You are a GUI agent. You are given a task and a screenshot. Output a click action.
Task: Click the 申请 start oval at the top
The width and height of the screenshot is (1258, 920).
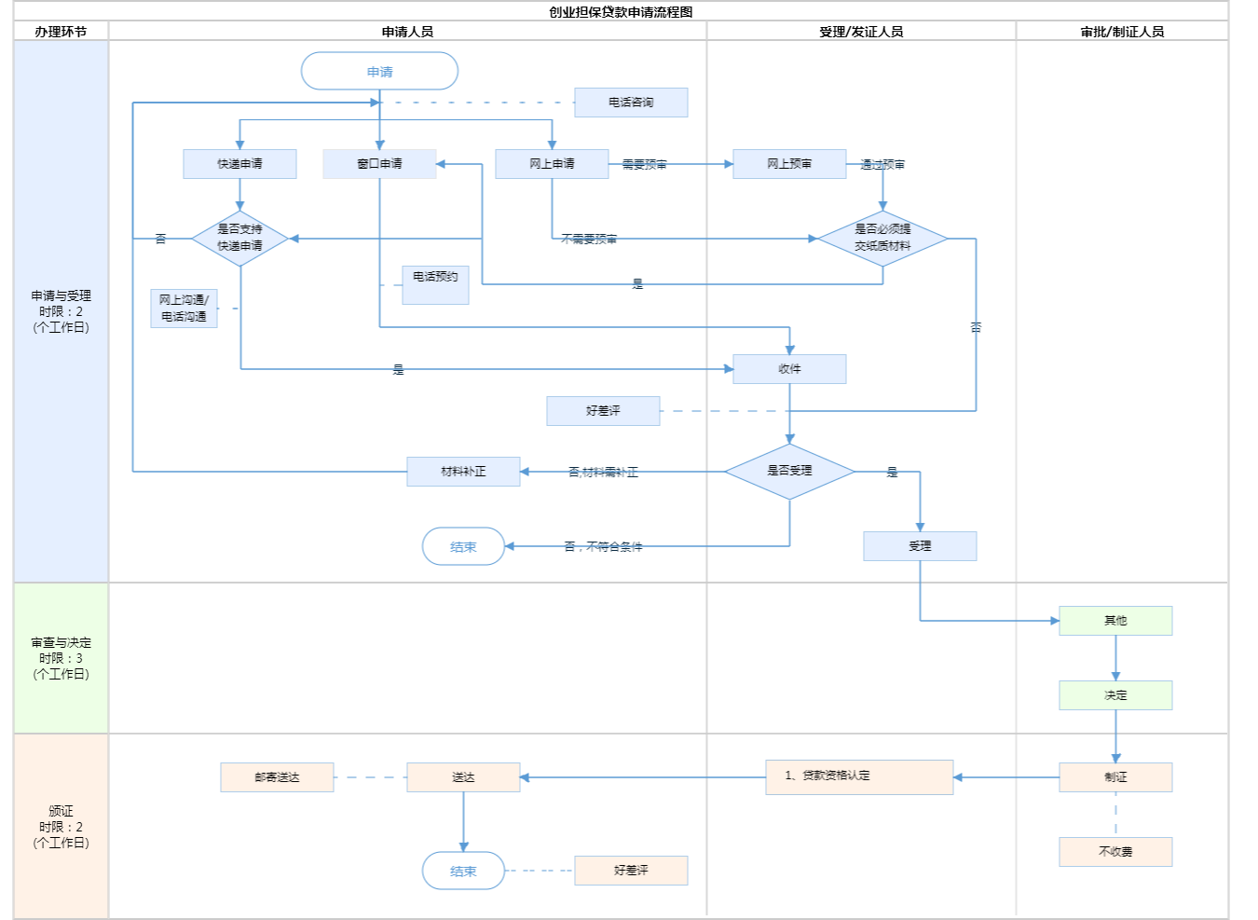click(379, 72)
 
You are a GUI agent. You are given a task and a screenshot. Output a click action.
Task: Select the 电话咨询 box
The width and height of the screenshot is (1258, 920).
click(631, 103)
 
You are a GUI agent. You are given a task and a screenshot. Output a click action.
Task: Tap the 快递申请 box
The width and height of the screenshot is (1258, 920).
click(239, 164)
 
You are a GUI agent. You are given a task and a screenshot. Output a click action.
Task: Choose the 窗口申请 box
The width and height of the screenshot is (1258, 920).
click(379, 164)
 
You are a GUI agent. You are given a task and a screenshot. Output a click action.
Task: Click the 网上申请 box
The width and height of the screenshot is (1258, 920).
click(552, 164)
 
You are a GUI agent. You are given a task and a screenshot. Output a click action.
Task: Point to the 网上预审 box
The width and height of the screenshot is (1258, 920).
click(789, 164)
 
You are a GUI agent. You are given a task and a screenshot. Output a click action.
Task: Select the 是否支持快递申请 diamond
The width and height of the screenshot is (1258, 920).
click(240, 239)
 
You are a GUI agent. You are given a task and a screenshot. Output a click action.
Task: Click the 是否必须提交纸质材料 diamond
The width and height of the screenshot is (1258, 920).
click(882, 239)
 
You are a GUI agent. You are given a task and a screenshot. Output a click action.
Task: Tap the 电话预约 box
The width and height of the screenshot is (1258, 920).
click(435, 284)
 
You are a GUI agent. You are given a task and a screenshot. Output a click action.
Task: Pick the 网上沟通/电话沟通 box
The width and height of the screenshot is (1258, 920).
click(184, 309)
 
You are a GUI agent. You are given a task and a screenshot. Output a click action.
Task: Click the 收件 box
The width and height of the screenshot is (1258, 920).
click(789, 369)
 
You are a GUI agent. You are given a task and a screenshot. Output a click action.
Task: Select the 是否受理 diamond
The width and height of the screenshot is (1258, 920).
click(789, 472)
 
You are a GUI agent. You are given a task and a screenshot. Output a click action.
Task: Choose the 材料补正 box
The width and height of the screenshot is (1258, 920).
click(463, 472)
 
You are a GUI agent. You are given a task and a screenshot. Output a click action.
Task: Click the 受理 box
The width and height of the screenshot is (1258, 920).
click(920, 546)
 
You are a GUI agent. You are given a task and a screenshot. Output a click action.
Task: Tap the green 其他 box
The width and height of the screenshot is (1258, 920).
click(1115, 621)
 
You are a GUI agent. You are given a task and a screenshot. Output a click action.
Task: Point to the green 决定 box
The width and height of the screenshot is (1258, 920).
click(1115, 695)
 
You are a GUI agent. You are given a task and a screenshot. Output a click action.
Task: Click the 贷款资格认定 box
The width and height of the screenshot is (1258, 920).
click(859, 776)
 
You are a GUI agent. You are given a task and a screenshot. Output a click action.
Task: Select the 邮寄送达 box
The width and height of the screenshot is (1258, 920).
click(277, 777)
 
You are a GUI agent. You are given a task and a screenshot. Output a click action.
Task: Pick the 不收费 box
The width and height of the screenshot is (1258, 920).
click(1115, 852)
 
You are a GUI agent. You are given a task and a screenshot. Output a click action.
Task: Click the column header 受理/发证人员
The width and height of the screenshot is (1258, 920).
click(861, 32)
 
